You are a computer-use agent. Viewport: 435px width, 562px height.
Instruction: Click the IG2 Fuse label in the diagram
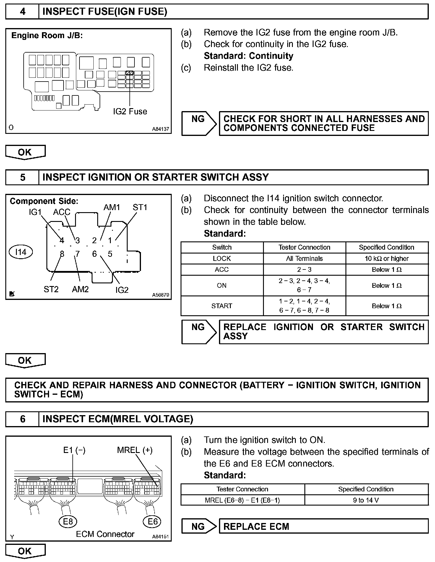coord(130,112)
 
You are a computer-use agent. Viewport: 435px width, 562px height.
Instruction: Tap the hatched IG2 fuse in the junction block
coord(129,73)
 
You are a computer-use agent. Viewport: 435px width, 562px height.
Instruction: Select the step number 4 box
coord(22,12)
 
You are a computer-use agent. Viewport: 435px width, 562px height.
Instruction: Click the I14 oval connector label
coord(21,252)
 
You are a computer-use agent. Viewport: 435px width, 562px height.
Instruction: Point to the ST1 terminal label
coord(140,207)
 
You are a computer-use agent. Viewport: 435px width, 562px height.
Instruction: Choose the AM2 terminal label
coord(80,289)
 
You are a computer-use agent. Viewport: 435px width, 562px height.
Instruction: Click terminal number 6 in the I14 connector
coord(94,254)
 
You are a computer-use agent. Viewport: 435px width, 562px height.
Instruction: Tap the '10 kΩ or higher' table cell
coord(387,259)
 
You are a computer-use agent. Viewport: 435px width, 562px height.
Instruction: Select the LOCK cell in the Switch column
coord(222,259)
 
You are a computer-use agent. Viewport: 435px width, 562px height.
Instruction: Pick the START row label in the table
coord(222,306)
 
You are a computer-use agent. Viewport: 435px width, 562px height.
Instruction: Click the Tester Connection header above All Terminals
coord(304,247)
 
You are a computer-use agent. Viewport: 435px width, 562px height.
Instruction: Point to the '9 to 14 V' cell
coord(366,500)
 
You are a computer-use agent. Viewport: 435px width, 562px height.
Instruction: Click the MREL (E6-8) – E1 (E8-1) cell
coord(242,500)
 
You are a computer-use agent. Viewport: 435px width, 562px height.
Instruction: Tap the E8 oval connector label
coord(68,522)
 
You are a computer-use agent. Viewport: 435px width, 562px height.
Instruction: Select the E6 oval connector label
coord(152,522)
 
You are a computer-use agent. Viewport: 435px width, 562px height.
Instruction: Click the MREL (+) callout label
coord(135,450)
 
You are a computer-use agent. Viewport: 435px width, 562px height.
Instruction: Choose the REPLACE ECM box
coord(324,526)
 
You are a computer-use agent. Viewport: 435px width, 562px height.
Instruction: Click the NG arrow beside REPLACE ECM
coord(199,526)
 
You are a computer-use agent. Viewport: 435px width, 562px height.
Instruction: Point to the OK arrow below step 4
coord(25,152)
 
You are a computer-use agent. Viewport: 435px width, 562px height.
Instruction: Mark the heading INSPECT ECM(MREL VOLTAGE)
coord(118,419)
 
